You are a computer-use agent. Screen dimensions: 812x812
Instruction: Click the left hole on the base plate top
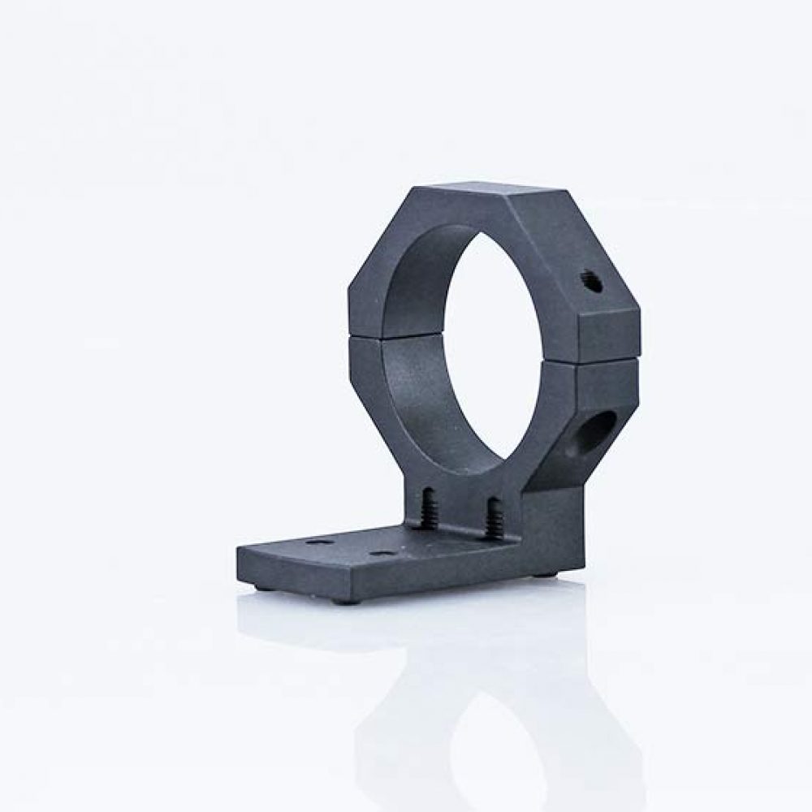point(320,540)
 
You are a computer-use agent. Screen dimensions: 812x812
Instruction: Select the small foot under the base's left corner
point(258,586)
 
